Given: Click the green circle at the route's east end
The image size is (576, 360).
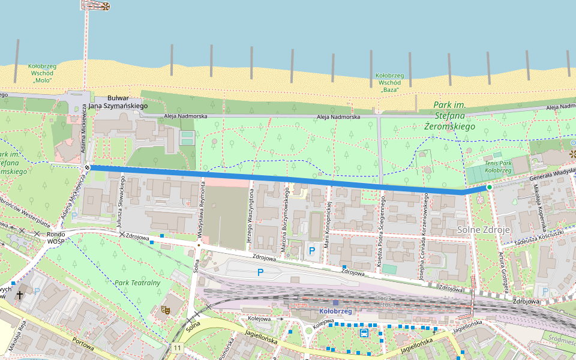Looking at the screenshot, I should [489, 188].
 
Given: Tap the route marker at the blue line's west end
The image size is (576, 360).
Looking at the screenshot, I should [88, 168].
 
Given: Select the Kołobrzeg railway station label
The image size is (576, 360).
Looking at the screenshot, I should [335, 311].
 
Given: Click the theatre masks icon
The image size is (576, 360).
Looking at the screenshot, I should [165, 310].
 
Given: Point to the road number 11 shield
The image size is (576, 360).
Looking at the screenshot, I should [177, 348].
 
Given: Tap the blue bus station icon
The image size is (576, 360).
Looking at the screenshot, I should [363, 333].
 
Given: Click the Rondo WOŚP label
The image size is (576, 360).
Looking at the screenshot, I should [56, 238].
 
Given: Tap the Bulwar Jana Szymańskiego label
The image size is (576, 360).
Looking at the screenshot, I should [118, 101].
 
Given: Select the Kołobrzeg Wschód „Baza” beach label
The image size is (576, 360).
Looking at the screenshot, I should [389, 82].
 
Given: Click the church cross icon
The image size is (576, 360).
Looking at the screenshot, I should [20, 295].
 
